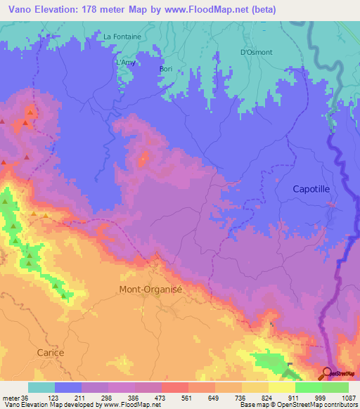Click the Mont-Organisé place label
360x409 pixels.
point(153,289)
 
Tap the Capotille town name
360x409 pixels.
point(316,190)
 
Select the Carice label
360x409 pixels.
point(51,353)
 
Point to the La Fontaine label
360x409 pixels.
point(122,37)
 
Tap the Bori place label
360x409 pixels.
point(166,68)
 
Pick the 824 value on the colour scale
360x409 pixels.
point(255,397)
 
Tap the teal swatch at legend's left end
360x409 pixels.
point(41,387)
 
